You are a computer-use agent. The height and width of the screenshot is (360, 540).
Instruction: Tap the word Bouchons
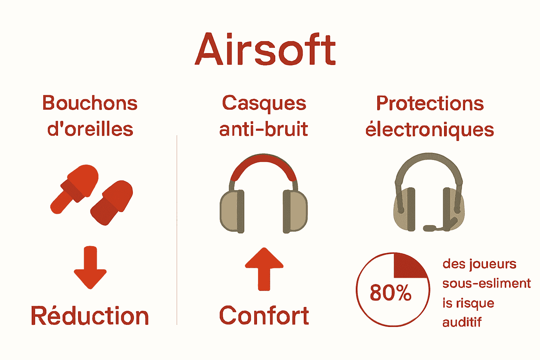[90, 103]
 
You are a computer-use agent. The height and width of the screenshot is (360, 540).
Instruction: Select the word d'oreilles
[90, 129]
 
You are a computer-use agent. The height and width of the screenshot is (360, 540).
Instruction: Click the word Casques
[264, 103]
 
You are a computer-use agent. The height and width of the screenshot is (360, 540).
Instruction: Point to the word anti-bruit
[264, 129]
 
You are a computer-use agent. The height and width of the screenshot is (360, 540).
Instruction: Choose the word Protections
[430, 103]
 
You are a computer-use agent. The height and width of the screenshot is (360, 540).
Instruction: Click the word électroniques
[430, 130]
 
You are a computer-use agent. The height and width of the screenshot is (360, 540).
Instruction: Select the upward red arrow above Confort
[264, 269]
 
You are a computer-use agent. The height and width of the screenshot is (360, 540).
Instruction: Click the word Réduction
[90, 316]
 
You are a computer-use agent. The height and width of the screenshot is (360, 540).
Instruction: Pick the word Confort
[264, 316]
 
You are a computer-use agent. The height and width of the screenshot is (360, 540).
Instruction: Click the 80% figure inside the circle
[391, 292]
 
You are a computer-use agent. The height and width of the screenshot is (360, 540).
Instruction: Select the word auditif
[462, 322]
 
